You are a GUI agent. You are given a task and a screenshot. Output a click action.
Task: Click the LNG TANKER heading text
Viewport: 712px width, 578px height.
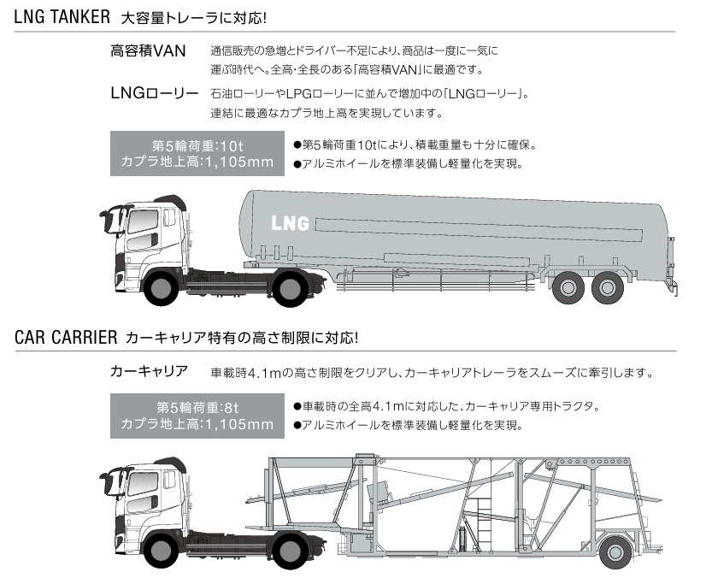coord(60,16)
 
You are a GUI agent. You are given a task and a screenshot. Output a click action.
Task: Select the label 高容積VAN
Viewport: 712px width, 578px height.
coord(148,51)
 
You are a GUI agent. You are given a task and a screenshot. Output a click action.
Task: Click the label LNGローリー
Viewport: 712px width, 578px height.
coord(154,92)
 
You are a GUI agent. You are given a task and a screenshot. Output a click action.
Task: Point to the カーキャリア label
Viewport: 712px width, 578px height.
coord(149,373)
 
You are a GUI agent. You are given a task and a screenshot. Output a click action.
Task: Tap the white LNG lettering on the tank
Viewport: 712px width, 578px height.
coord(290,224)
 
